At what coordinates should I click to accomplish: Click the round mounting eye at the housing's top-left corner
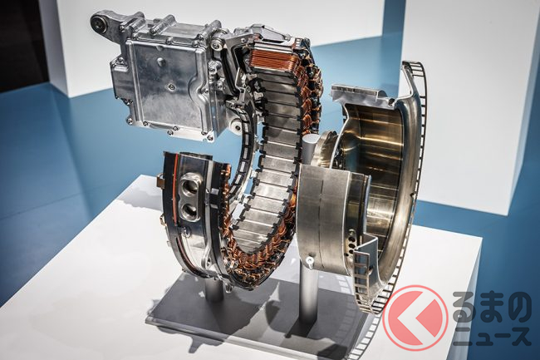click(98, 22)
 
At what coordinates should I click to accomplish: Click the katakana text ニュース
click(492, 336)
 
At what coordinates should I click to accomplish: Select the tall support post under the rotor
click(307, 299)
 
